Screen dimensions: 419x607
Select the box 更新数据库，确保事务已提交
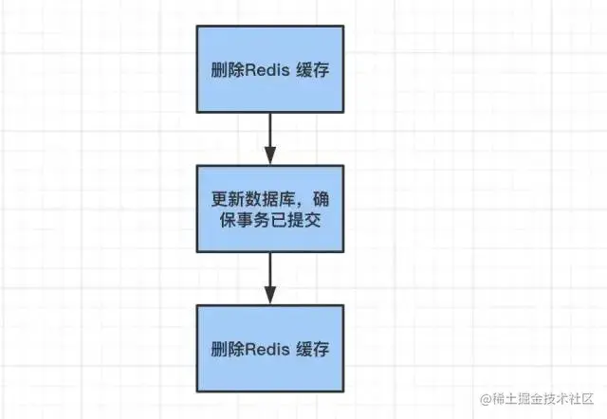(x=271, y=209)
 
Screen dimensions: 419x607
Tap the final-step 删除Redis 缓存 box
(x=271, y=348)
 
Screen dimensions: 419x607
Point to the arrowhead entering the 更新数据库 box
(x=271, y=156)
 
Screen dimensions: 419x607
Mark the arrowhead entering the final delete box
(x=271, y=296)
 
